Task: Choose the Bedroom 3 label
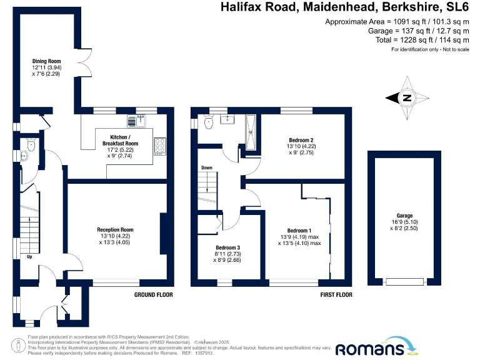228,248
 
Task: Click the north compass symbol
407,98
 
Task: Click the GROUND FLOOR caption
153,294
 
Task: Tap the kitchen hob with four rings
159,145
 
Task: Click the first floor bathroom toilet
209,123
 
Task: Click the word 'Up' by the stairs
29,256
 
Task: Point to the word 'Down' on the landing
206,167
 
